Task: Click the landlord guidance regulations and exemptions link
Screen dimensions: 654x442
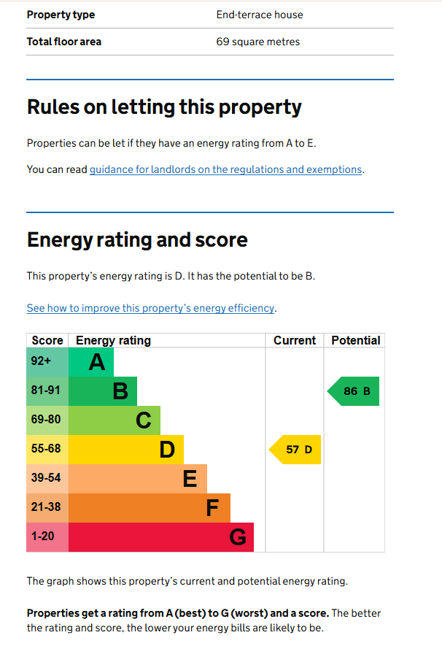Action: coord(225,169)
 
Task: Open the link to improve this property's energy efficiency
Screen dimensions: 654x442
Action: coord(151,308)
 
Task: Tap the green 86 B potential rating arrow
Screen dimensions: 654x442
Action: coord(354,391)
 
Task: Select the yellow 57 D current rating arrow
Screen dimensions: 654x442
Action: coord(296,450)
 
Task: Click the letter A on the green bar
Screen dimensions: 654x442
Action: coord(97,362)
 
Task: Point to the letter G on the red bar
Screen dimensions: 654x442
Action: coord(238,537)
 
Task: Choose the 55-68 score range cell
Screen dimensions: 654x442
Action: coord(47,449)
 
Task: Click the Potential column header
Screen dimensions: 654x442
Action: coord(356,340)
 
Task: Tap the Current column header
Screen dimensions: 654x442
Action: coord(295,340)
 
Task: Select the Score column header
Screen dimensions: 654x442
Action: coord(47,340)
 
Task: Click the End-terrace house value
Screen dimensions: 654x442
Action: coord(260,15)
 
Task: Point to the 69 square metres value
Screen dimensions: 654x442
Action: coord(258,42)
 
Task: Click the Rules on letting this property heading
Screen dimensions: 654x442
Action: coord(164,107)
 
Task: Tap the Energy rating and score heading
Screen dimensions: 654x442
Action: coord(137,239)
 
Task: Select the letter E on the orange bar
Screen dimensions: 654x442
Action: coord(190,479)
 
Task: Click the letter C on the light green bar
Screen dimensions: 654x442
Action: coord(144,420)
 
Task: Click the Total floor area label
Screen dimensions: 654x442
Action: coord(64,42)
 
